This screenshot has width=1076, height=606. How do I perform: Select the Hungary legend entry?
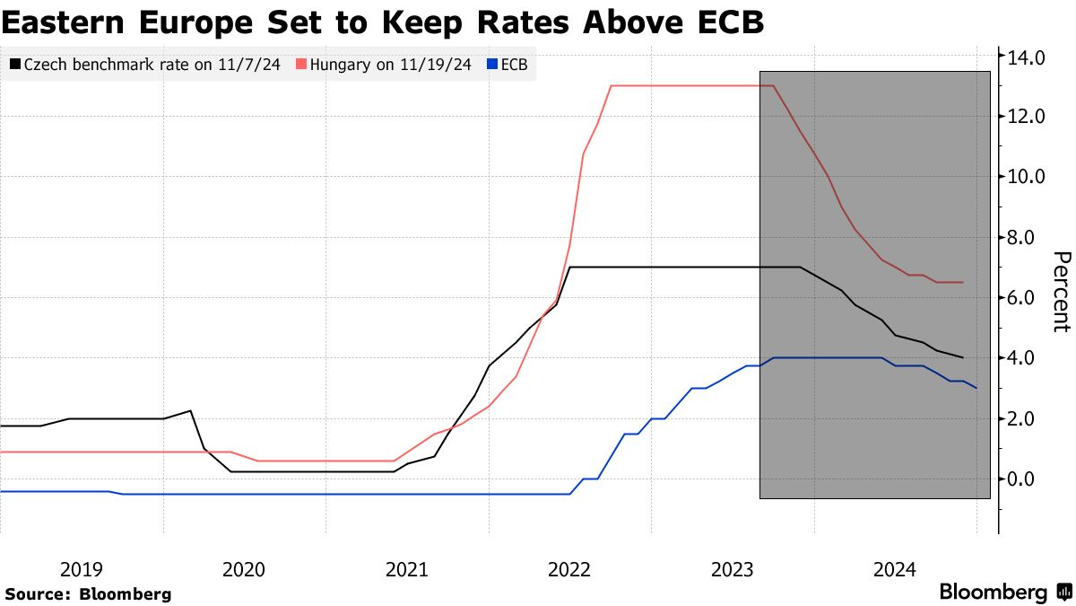pos(386,65)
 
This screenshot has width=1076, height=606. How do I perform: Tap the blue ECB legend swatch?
pos(490,65)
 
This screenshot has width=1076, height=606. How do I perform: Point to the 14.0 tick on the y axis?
pos(1027,57)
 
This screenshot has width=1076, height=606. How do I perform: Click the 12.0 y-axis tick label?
pos(1027,117)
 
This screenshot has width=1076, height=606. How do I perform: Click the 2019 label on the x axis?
pos(82,569)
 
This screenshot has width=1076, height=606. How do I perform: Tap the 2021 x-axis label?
pos(407,569)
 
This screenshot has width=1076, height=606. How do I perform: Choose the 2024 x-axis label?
pos(895,569)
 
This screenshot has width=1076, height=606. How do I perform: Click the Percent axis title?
pos(1061,292)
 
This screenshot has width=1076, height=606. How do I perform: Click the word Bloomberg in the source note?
pos(126,593)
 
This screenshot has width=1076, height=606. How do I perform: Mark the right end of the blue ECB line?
pos(976,388)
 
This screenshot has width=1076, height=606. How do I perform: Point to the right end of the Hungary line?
pos(963,282)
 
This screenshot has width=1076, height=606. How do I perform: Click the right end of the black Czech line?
pos(963,357)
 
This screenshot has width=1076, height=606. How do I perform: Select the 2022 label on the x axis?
pos(568,569)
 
